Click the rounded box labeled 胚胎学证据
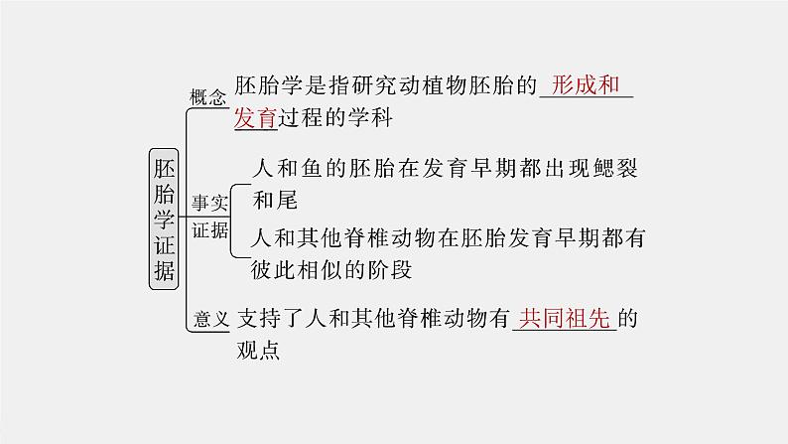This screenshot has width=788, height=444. click(x=166, y=219)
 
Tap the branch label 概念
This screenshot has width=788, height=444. click(x=208, y=97)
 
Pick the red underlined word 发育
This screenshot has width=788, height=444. click(x=255, y=118)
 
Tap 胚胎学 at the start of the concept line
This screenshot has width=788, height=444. click(x=268, y=84)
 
